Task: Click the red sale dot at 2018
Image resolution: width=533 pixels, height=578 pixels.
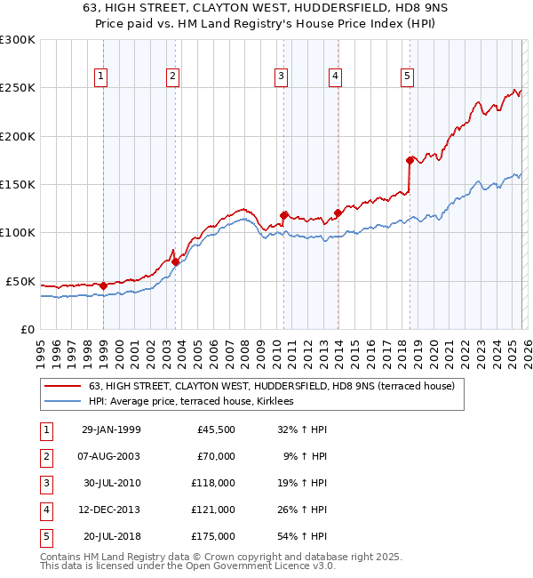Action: coord(410,160)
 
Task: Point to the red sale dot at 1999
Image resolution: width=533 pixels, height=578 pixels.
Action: coord(103,285)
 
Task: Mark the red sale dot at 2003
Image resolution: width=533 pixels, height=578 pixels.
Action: coord(175,261)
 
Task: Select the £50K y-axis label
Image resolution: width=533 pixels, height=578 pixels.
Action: coord(20,281)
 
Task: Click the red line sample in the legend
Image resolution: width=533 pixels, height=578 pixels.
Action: coord(63,386)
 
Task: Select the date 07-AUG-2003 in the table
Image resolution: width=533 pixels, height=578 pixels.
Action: coord(110,456)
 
